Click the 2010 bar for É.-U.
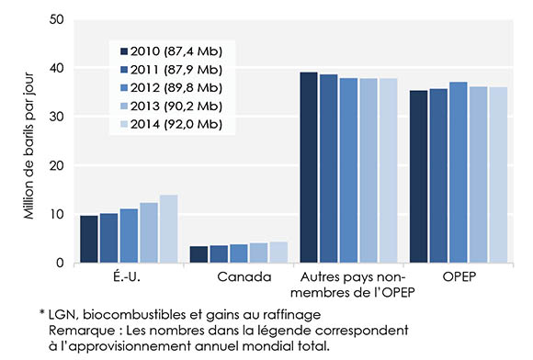(88, 240)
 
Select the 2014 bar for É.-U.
(169, 230)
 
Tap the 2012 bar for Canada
(238, 253)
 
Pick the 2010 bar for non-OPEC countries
(309, 168)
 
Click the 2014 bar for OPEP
(497, 175)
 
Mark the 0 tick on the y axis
(60, 264)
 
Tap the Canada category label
(239, 276)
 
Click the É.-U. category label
(129, 276)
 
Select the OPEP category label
(457, 276)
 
